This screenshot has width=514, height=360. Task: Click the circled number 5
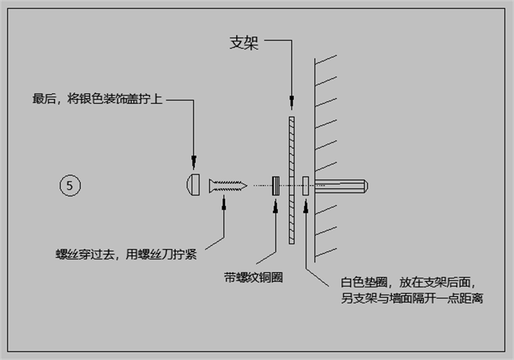tap(70, 185)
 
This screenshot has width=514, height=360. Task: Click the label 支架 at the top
tap(244, 43)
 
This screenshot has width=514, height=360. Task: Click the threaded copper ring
tap(276, 186)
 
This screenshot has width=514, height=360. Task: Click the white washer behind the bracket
tap(306, 186)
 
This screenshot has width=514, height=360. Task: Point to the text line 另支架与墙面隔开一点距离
tap(412, 298)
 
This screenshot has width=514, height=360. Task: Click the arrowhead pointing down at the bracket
tap(292, 102)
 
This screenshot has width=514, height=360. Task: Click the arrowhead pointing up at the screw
tap(223, 205)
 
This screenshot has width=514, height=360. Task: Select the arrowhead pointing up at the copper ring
tap(276, 206)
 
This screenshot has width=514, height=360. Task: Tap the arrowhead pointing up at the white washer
tap(306, 206)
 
